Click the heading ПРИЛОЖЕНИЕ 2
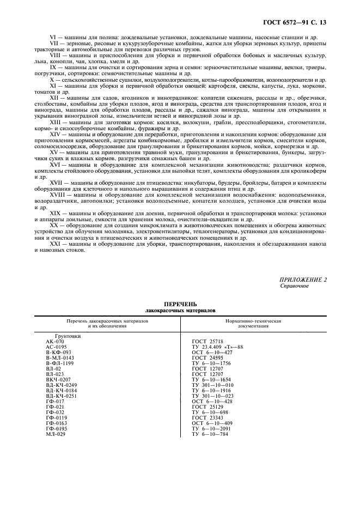[303, 279]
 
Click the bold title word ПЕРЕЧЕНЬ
[180, 303]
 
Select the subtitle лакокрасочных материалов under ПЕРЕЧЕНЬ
[180, 309]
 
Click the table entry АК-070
[56, 342]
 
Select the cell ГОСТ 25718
[207, 342]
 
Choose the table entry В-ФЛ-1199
[59, 363]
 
